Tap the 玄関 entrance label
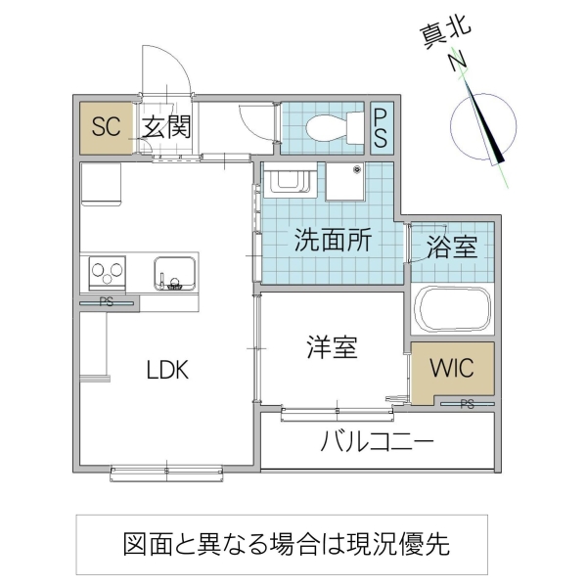(x=163, y=126)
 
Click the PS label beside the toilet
(x=381, y=127)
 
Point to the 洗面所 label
(x=334, y=241)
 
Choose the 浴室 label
(x=452, y=247)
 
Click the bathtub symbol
(x=452, y=308)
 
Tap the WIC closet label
(x=452, y=369)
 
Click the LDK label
(x=167, y=370)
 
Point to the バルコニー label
(x=377, y=442)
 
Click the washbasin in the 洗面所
(x=288, y=182)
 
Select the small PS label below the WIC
(x=467, y=404)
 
